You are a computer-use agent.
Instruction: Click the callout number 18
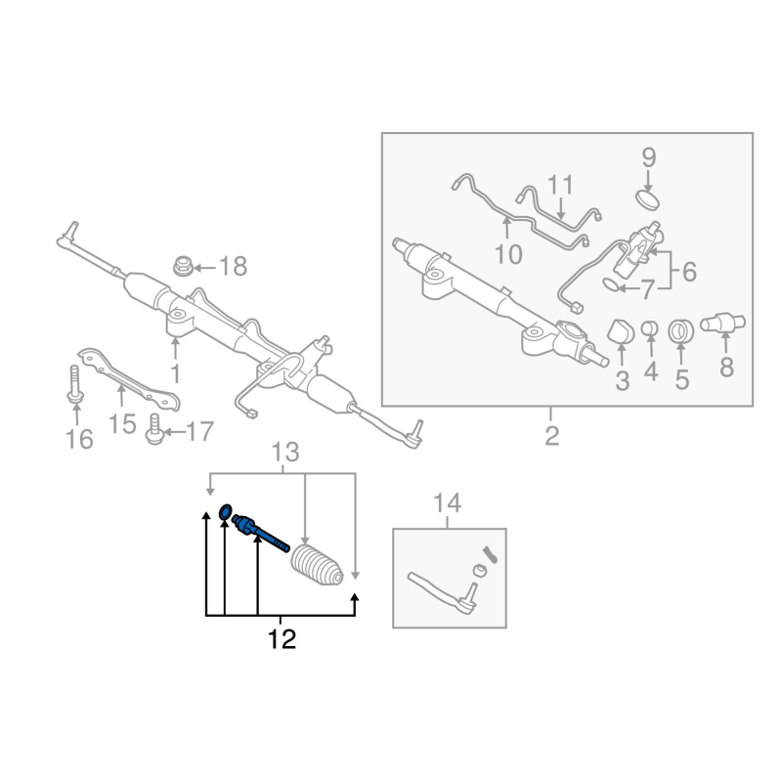(233, 265)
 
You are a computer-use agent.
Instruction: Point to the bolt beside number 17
(152, 427)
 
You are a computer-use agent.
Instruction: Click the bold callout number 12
(282, 640)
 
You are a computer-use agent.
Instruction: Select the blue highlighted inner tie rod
(259, 534)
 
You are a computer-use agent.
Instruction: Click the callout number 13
(283, 453)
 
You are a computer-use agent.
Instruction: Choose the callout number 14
(447, 504)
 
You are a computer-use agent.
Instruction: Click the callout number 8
(725, 369)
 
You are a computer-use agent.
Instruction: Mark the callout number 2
(551, 437)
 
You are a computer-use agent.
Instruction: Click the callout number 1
(176, 372)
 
